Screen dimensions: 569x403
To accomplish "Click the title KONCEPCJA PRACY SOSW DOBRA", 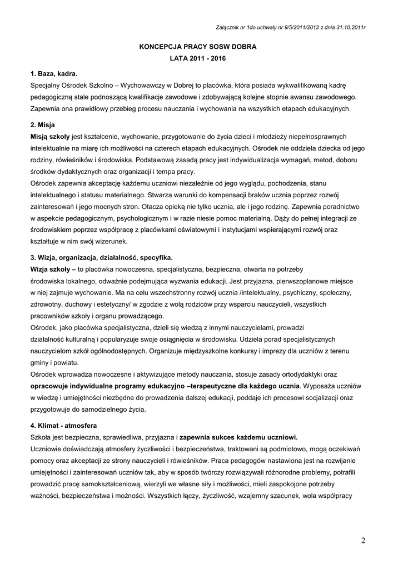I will point(197,47).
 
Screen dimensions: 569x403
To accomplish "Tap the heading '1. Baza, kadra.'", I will point(54,74).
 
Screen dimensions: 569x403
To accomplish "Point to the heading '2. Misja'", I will point(43,125).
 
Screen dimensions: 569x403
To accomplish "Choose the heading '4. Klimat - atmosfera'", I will point(64,426).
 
